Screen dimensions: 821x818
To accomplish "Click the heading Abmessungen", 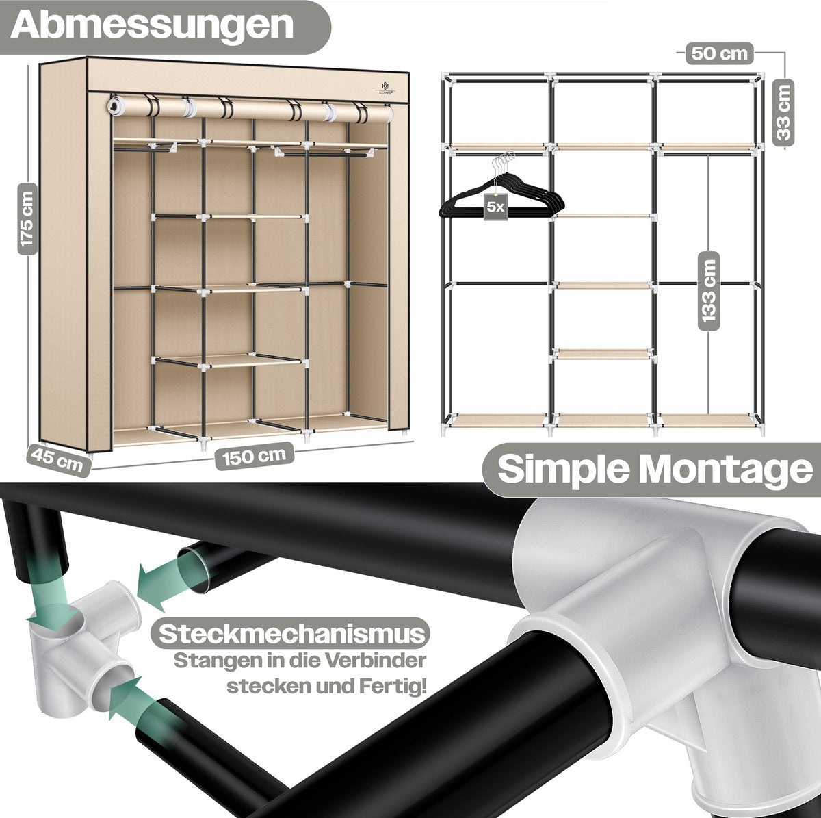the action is point(152,25).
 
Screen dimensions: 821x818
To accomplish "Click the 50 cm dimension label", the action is point(719,53).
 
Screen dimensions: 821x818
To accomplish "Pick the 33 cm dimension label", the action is point(783,112).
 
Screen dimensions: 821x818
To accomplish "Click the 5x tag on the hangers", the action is point(495,207).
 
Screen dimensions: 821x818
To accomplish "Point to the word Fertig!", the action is point(393,687).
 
